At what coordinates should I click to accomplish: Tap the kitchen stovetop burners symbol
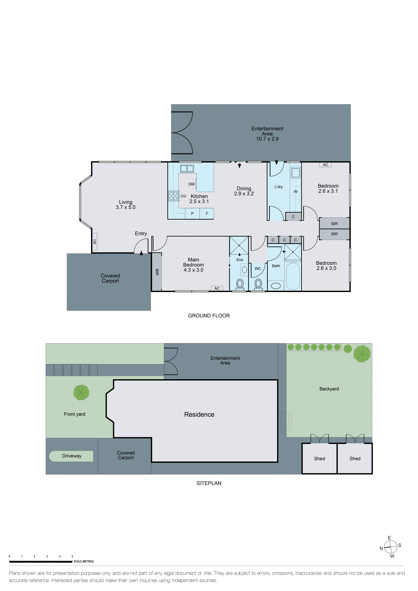point(173,196)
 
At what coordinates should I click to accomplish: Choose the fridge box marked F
point(207,214)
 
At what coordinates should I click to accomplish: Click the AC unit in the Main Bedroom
point(217,288)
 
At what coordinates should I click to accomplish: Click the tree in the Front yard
point(81,392)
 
